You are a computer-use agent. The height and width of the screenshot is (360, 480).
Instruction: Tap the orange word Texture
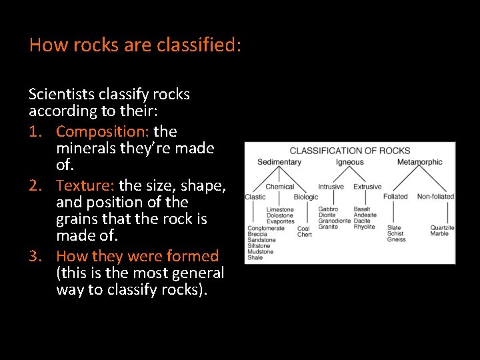[x=85, y=185]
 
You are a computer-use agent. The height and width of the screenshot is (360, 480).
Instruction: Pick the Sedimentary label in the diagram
[x=279, y=162]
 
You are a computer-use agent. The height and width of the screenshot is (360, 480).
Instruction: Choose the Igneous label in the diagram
[x=350, y=162]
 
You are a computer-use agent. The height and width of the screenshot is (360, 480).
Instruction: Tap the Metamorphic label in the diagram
[x=419, y=162]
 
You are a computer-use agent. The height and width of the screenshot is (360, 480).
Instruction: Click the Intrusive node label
[x=331, y=187]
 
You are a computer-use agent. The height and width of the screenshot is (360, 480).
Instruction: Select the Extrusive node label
[x=367, y=187]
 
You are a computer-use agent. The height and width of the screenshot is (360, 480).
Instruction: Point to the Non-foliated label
[x=435, y=197]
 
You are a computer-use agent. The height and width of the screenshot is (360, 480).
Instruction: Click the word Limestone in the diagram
[x=280, y=209]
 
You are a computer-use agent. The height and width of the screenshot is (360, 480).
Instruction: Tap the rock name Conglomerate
[x=266, y=228]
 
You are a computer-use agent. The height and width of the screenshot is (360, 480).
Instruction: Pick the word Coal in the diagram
[x=304, y=229]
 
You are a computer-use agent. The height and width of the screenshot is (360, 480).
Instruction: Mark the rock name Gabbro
[x=328, y=209]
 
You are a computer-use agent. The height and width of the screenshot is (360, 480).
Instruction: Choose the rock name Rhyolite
[x=364, y=227]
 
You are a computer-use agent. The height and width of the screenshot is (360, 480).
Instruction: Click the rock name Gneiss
[x=396, y=240]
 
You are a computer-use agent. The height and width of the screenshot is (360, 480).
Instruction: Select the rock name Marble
[x=439, y=234]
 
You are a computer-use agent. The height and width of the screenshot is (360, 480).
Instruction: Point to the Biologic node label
[x=306, y=197]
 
